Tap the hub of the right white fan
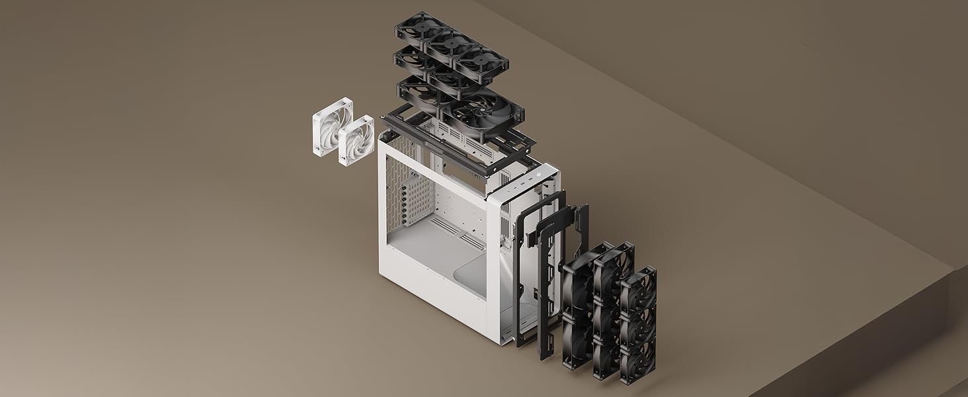[357, 140]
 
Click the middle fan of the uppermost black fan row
[450, 45]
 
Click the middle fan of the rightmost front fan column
[638, 325]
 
